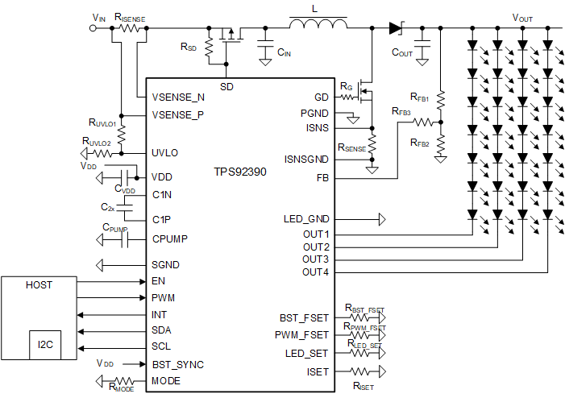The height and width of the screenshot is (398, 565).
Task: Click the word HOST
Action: (x=39, y=285)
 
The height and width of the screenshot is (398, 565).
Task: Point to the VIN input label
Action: (x=99, y=17)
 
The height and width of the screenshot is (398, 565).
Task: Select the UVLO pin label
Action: (x=165, y=152)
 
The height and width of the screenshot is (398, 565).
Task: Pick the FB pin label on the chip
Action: (x=322, y=178)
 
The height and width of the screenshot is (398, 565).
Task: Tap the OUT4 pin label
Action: (x=316, y=272)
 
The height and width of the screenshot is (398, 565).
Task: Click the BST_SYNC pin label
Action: (x=178, y=364)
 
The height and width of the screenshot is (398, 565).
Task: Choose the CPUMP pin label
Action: (x=170, y=238)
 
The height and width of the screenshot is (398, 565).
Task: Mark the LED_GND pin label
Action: (x=306, y=219)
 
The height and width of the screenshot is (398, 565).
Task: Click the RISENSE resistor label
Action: (x=130, y=16)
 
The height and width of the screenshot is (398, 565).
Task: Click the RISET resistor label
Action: (x=363, y=387)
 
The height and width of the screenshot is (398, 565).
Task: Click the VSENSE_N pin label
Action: (x=178, y=97)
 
